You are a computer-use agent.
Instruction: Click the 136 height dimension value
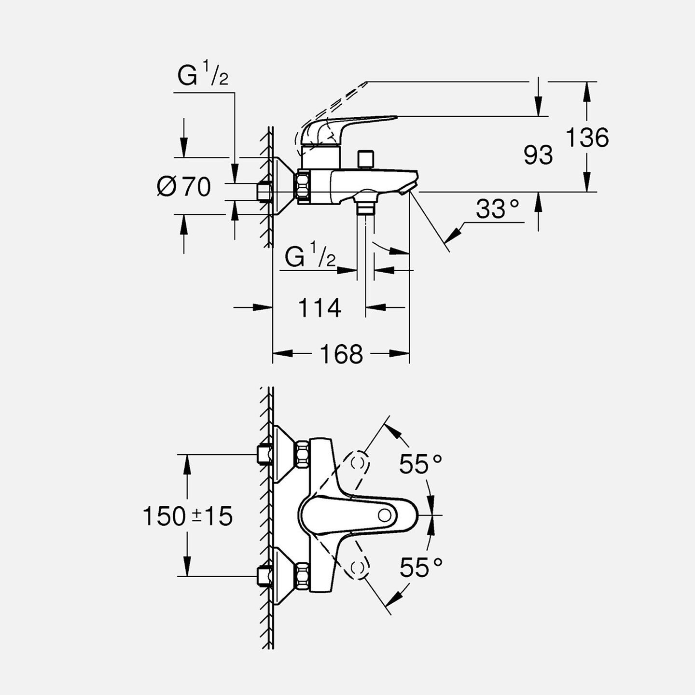587,138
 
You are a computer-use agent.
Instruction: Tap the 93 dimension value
538,155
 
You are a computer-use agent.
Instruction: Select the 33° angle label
497,209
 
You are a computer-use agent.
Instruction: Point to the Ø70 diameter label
184,186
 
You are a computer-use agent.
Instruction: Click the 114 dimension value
320,307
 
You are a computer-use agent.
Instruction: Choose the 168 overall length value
341,354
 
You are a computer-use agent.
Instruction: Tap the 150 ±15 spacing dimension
187,516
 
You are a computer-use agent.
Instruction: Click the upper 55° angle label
420,464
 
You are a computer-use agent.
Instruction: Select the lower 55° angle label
421,567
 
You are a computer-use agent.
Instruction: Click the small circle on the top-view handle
385,515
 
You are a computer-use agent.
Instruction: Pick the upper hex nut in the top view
303,454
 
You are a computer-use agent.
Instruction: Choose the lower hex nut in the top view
303,576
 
